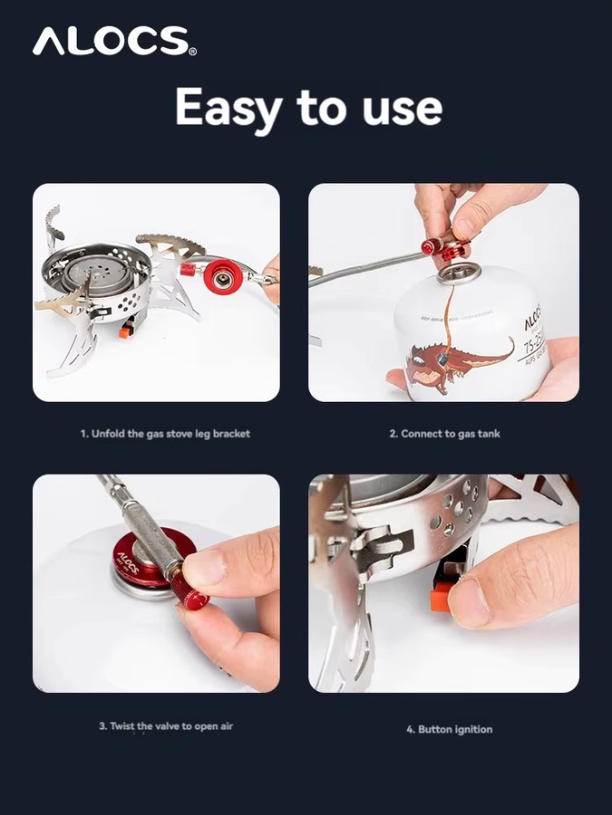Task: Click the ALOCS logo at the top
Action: coord(114,41)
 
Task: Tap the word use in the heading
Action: coord(403,109)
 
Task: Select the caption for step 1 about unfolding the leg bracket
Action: coord(166,434)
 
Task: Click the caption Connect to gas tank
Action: coord(444,434)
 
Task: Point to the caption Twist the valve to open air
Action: coord(166,726)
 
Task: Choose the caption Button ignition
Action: coord(449,729)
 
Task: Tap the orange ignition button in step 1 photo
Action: coord(125,331)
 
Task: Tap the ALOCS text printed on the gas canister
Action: coord(533,317)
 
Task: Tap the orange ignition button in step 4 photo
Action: coord(441,598)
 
